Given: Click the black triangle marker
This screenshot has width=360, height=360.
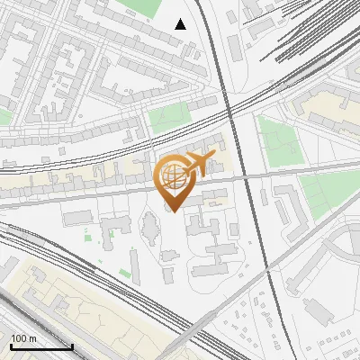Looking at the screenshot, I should click(181, 24).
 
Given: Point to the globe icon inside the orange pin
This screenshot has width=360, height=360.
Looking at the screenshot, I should click(175, 178).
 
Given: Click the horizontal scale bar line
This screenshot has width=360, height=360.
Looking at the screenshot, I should click(41, 346).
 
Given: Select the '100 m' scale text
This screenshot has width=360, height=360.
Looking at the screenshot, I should click(23, 338).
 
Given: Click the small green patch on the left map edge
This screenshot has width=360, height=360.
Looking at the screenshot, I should click(4, 117).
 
